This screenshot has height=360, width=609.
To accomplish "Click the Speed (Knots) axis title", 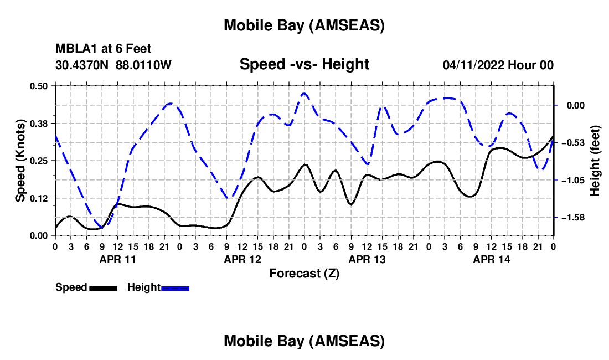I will (20, 161).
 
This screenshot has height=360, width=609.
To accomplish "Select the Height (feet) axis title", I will (595, 161).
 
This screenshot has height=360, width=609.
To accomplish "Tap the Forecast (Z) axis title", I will (304, 273).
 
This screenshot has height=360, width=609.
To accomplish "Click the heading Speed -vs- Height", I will (304, 64).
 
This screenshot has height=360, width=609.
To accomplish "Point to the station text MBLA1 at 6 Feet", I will (104, 49).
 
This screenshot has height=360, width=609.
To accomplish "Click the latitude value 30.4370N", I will (82, 65).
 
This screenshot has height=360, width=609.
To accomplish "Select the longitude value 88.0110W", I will (143, 65).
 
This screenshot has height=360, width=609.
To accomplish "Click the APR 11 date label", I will (117, 259).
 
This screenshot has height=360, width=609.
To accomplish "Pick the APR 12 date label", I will (242, 259).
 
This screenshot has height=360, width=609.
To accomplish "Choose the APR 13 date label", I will (367, 259).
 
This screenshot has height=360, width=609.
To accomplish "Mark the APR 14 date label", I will (491, 259).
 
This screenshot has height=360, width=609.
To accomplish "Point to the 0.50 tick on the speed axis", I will (39, 85).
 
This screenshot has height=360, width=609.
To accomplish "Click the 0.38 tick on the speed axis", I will (39, 123).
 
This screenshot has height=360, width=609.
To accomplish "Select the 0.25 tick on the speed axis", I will (39, 161).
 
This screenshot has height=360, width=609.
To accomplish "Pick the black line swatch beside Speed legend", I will (103, 288).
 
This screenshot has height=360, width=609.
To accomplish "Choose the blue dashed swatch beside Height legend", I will (176, 288).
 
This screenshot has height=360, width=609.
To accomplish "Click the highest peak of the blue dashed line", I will (304, 94).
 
